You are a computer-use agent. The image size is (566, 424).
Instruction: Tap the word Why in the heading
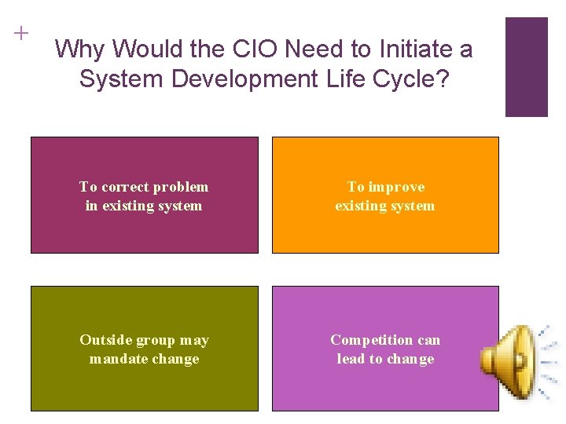tap(83, 49)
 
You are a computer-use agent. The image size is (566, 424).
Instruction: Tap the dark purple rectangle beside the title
tap(526, 67)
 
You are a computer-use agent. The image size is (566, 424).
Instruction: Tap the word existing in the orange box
tap(359, 206)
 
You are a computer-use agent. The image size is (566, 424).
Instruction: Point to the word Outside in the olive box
tap(105, 340)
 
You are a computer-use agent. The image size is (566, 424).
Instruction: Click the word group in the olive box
tap(155, 341)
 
